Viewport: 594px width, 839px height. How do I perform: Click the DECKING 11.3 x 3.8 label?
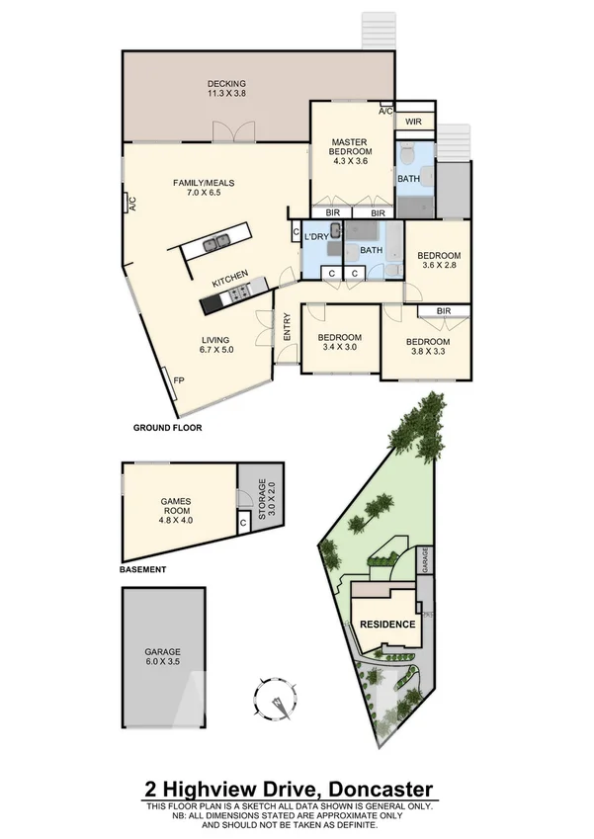point(226,89)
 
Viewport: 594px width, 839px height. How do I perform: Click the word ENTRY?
point(287,327)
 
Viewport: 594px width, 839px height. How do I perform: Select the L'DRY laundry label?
point(316,237)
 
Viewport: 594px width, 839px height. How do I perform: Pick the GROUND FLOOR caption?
point(167,429)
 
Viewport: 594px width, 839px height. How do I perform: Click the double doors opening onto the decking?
point(231,134)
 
